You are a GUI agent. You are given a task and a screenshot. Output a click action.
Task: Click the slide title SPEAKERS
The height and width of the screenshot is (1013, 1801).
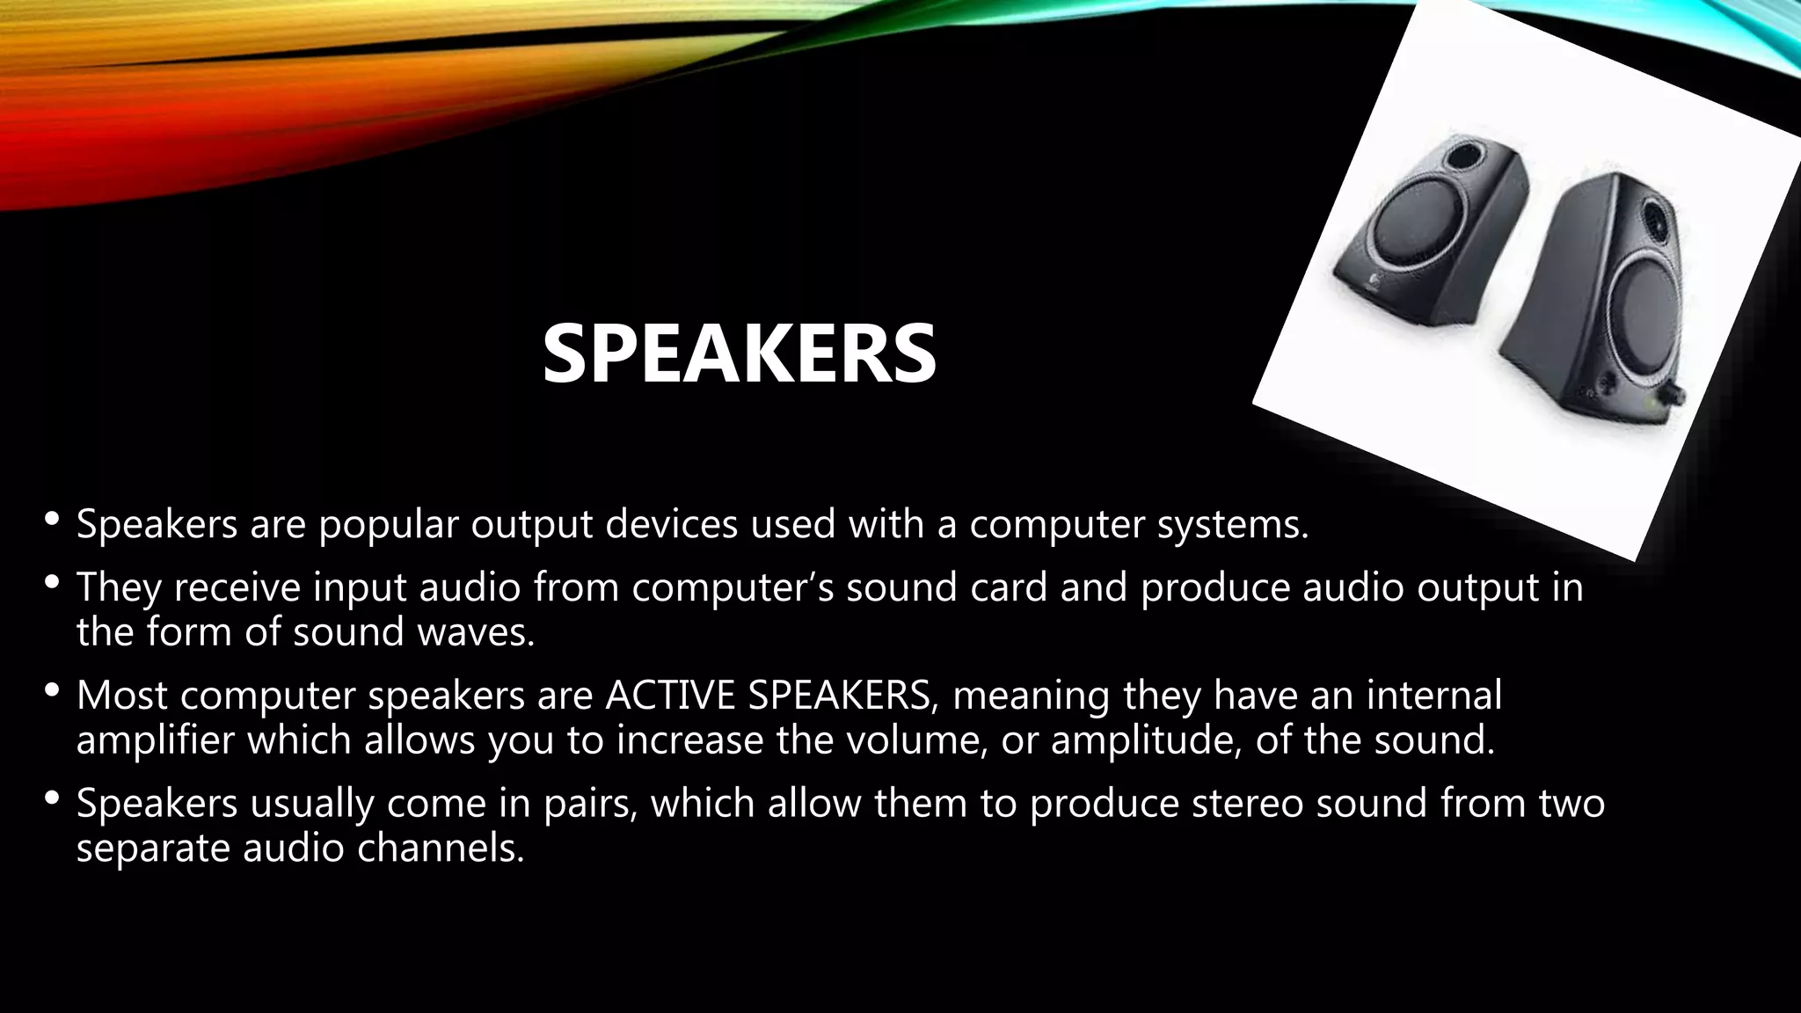pos(739,353)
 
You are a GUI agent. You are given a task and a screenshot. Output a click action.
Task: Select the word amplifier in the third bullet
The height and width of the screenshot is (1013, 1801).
pos(156,740)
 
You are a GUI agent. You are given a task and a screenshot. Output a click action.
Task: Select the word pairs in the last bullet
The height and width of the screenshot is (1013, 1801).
pos(590,803)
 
